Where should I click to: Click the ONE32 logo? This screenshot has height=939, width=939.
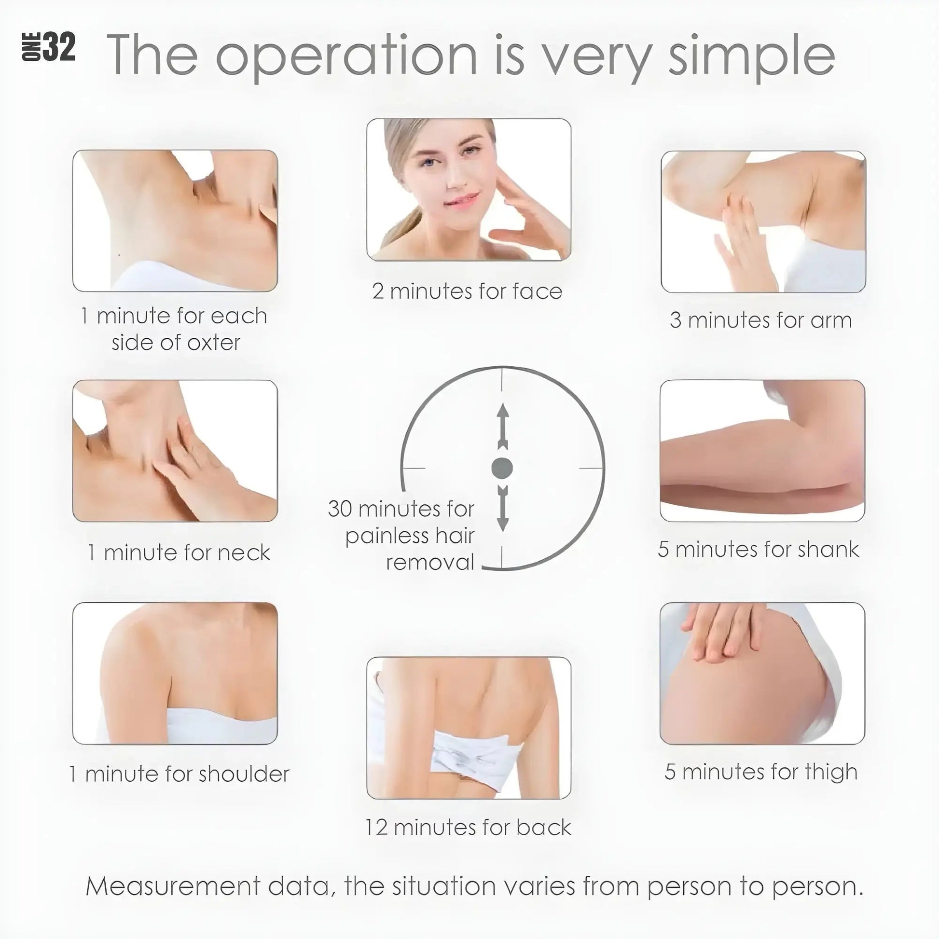(x=49, y=48)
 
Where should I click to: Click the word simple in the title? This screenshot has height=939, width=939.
(x=752, y=56)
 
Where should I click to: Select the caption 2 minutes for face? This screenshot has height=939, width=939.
(x=467, y=291)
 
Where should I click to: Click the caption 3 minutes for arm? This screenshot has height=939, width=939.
(x=760, y=320)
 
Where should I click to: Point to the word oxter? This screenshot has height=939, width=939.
(x=213, y=343)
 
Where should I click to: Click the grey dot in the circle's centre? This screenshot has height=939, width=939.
(x=502, y=468)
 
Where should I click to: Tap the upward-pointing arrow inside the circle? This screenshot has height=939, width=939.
(x=502, y=426)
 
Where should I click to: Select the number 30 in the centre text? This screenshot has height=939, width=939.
(x=340, y=509)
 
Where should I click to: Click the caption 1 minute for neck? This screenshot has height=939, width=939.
(x=179, y=552)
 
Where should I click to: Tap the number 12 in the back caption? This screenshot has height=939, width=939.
(x=376, y=827)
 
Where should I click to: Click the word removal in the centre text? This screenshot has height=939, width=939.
(x=429, y=562)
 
